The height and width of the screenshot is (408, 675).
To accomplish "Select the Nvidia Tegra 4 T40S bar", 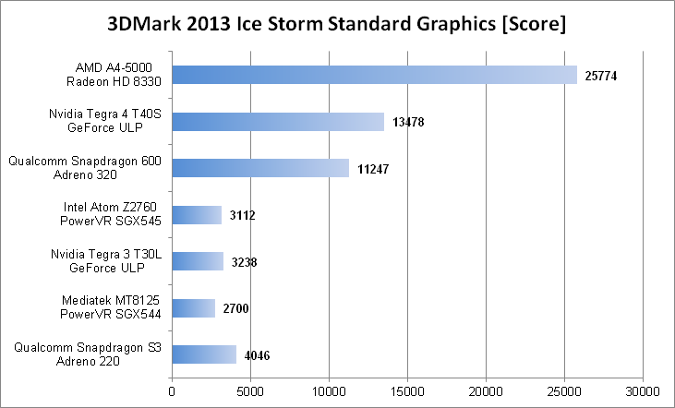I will pyautogui.click(x=277, y=122).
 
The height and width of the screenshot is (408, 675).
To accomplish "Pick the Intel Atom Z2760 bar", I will pyautogui.click(x=197, y=215).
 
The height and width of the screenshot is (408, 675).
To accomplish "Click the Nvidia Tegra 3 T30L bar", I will pyautogui.click(x=198, y=261).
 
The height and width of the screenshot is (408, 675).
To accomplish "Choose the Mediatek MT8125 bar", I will pyautogui.click(x=193, y=308).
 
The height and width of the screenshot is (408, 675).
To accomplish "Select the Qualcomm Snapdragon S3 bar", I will pyautogui.click(x=204, y=354).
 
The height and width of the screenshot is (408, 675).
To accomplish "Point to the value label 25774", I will pyautogui.click(x=601, y=76).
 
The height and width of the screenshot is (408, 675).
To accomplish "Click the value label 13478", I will pyautogui.click(x=407, y=122).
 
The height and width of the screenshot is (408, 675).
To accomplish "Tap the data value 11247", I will pyautogui.click(x=373, y=169).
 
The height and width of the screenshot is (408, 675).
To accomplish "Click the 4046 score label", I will pyautogui.click(x=258, y=355).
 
